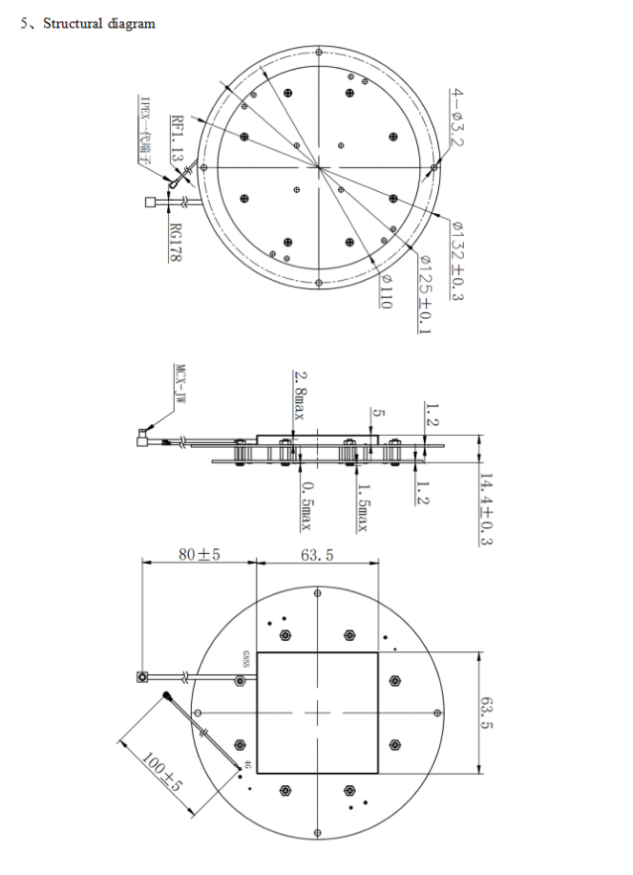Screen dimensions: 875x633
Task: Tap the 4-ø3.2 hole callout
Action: click(456, 117)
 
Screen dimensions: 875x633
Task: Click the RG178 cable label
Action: click(175, 243)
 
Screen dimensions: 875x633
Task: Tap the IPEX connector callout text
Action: click(145, 131)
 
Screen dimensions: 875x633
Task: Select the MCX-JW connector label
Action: click(178, 384)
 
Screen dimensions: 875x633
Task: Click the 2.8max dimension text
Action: click(299, 395)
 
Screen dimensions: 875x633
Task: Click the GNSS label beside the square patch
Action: click(245, 657)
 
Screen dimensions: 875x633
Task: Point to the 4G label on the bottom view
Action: click(245, 765)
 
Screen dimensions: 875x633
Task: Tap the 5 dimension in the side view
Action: click(379, 413)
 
